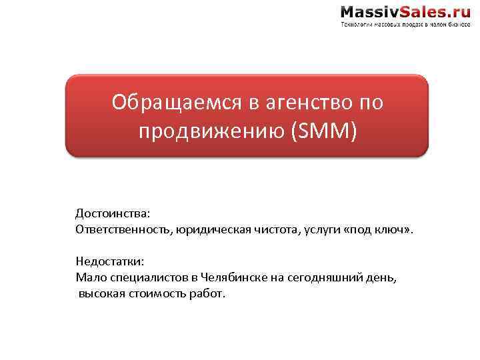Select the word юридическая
[x=214, y=230]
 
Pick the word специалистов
[x=141, y=277]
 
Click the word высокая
[x=101, y=293]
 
